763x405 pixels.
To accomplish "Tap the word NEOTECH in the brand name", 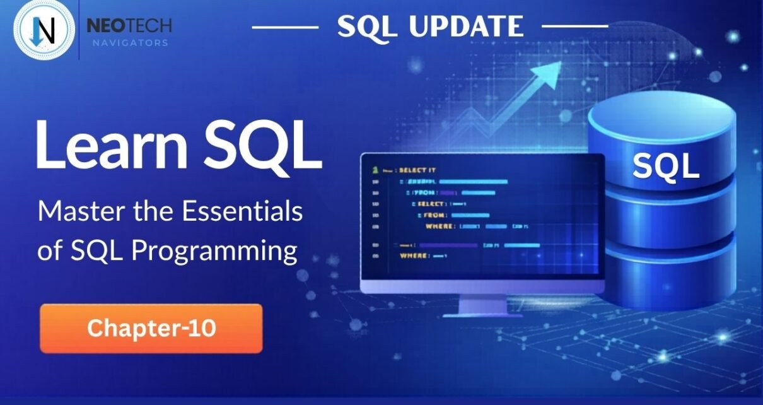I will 129,26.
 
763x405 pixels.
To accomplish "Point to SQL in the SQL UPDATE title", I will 363,26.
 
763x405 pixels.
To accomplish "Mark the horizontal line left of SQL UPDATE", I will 285,27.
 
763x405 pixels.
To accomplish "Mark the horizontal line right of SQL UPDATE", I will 574,26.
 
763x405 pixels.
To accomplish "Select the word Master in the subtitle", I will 74,211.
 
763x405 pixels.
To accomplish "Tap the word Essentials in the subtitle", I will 243,211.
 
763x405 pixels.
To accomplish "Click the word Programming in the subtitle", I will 214,250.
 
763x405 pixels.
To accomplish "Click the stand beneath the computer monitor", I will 482,306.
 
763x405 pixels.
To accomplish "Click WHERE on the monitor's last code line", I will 415,255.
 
